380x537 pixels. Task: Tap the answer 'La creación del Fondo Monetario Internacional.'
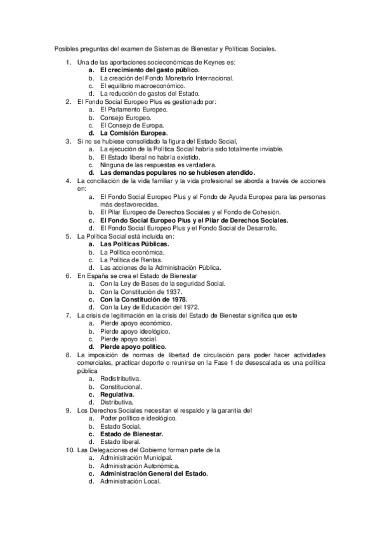click(167, 78)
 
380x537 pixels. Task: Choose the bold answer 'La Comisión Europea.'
click(134, 134)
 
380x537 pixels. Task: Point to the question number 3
click(69, 141)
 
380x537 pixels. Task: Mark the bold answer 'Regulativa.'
click(117, 394)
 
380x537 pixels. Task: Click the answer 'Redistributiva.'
click(121, 378)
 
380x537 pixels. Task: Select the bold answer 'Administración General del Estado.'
click(154, 473)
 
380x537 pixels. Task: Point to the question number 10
click(69, 450)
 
